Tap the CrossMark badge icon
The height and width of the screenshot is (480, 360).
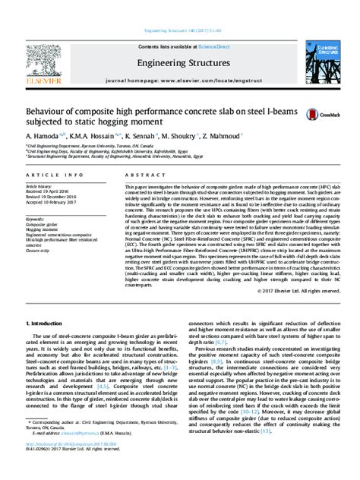click(x=317, y=114)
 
